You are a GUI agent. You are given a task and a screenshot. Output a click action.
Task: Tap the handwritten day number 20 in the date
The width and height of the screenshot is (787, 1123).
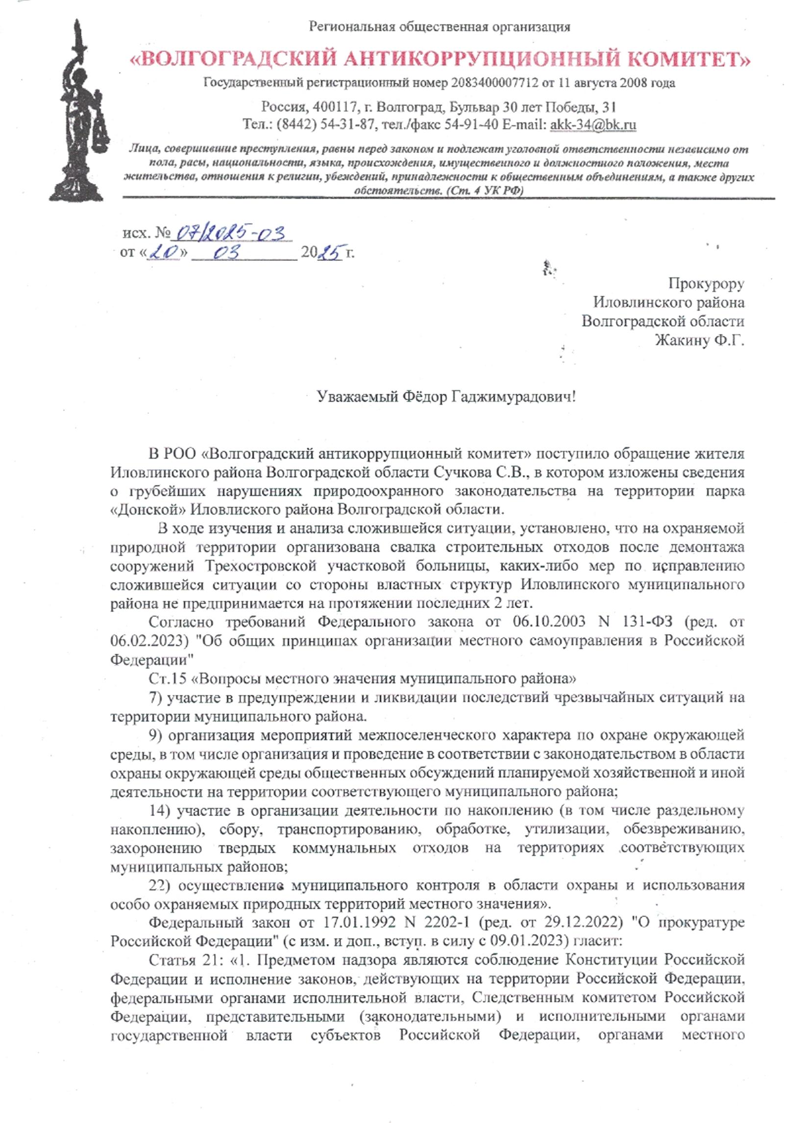[x=163, y=253]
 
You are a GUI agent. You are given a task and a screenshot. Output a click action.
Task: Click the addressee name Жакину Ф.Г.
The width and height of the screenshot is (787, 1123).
[x=699, y=340]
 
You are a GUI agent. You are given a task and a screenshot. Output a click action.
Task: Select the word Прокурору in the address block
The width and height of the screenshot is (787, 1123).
[x=706, y=283]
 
